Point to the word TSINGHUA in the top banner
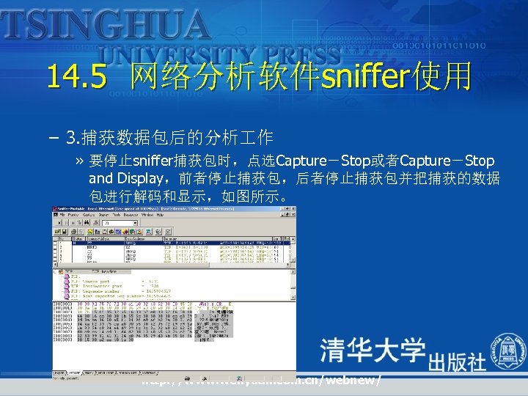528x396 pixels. click(x=106, y=24)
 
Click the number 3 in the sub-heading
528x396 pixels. click(x=70, y=137)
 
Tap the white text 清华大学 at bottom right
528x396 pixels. click(x=373, y=350)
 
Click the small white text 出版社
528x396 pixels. click(x=456, y=362)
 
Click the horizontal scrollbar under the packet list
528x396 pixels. click(x=169, y=265)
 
